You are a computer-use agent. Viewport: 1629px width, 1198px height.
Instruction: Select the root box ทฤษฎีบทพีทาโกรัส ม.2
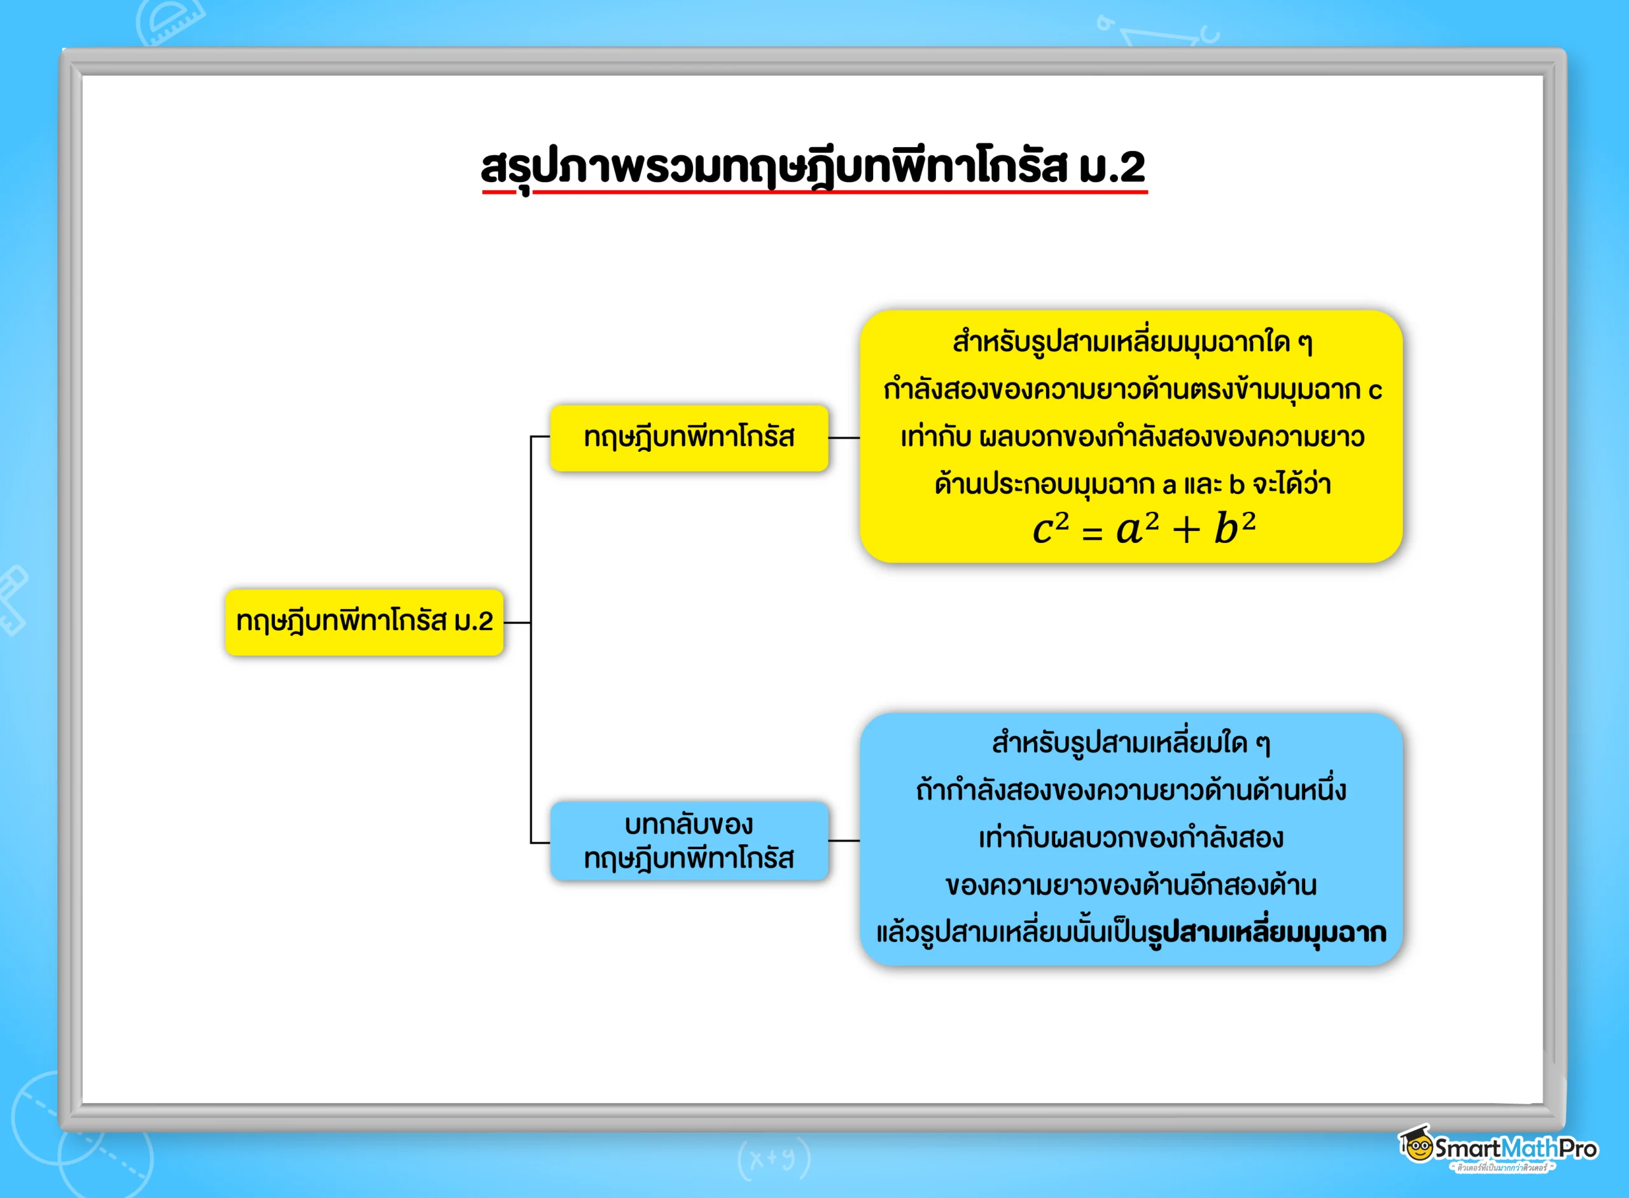tap(364, 622)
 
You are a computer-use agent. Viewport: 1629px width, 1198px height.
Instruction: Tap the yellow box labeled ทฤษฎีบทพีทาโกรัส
tap(689, 438)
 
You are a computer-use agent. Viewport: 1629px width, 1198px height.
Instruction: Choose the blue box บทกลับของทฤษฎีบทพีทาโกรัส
tap(689, 842)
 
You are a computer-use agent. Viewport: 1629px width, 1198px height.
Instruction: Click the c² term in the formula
tap(1050, 528)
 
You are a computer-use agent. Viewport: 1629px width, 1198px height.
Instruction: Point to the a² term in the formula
tap(1136, 528)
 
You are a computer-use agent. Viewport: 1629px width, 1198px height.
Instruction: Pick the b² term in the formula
tap(1234, 528)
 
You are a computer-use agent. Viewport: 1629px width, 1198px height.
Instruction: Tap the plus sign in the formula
tap(1186, 531)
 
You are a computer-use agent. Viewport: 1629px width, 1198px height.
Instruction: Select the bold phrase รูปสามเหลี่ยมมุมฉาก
tap(1267, 933)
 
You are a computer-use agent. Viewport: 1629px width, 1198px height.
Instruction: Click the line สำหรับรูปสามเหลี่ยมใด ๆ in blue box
tap(1131, 743)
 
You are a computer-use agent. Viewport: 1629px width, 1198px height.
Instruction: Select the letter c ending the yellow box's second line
tap(1374, 391)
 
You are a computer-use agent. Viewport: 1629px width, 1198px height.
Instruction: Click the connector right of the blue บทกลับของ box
tap(844, 842)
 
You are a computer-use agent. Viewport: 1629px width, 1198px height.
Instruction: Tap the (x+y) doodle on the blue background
tap(774, 1159)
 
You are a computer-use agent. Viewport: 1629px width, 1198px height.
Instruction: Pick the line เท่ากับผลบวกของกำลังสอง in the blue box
tap(1131, 838)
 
